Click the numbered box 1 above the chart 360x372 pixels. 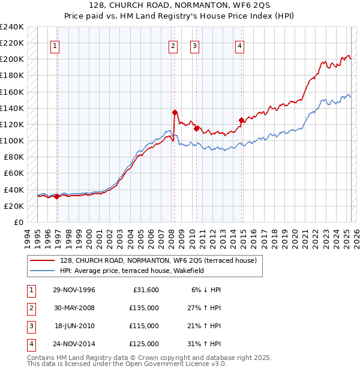pos(55,46)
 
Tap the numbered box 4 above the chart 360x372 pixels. pos(239,46)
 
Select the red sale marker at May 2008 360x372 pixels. pos(175,112)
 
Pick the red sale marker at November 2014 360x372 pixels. pos(241,120)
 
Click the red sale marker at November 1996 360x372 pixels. pos(57,196)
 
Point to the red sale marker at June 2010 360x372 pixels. pos(196,128)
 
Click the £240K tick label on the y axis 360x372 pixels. pos(12,27)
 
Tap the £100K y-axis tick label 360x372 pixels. pos(12,140)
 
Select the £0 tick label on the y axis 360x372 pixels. pos(18,222)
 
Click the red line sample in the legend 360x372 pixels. pos(43,260)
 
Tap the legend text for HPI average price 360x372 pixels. pos(132,271)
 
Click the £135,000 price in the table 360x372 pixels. pos(144,308)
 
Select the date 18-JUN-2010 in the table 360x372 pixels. pos(74,326)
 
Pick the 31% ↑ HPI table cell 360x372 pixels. pos(204,344)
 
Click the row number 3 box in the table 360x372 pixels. pos(29,326)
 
